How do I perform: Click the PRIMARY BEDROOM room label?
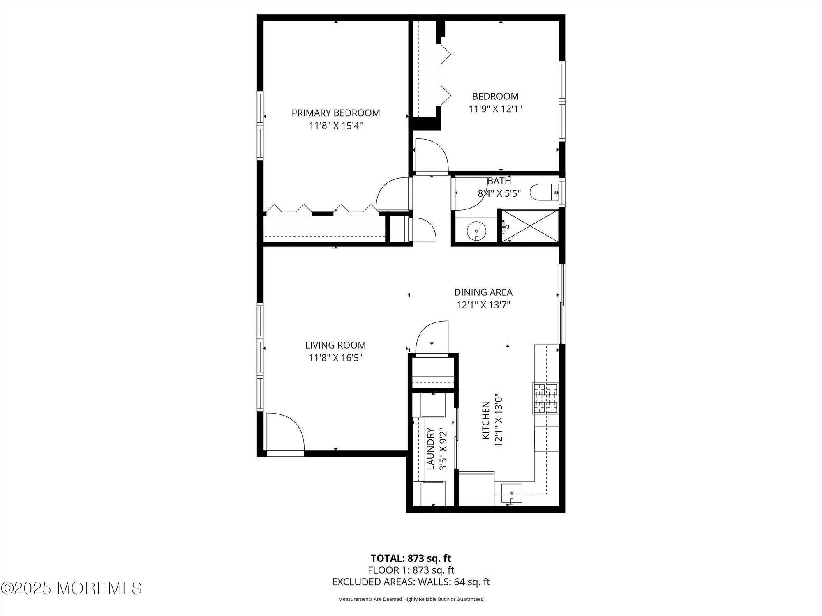click(x=335, y=113)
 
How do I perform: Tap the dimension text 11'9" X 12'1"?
click(x=495, y=109)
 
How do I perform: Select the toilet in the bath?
click(x=543, y=192)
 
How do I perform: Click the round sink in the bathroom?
click(x=476, y=231)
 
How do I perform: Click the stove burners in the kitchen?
click(x=545, y=398)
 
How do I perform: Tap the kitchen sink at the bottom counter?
click(x=512, y=493)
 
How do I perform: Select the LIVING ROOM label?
click(x=335, y=345)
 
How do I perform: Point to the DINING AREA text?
click(x=483, y=292)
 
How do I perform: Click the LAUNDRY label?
click(x=430, y=448)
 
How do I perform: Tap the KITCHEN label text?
click(x=486, y=420)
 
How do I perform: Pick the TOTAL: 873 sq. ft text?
click(x=411, y=559)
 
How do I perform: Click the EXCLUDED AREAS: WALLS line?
click(x=411, y=582)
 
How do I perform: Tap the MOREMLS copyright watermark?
click(x=72, y=588)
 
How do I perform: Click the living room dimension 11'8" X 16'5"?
click(x=335, y=358)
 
